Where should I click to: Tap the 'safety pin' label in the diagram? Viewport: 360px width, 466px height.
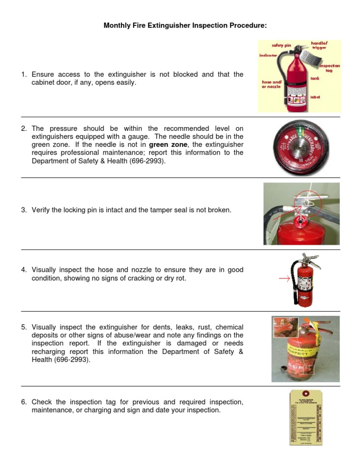(282, 45)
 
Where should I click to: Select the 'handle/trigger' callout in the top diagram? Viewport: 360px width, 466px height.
(319, 45)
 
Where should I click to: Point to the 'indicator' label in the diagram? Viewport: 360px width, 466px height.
(268, 55)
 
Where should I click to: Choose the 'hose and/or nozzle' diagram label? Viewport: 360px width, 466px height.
(271, 84)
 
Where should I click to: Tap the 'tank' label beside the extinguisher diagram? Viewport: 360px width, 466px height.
(315, 79)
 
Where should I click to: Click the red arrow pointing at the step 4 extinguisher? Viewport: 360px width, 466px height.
(284, 281)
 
